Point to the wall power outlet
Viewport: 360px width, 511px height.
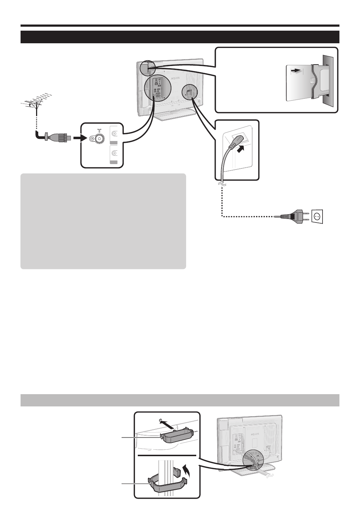(317, 216)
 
